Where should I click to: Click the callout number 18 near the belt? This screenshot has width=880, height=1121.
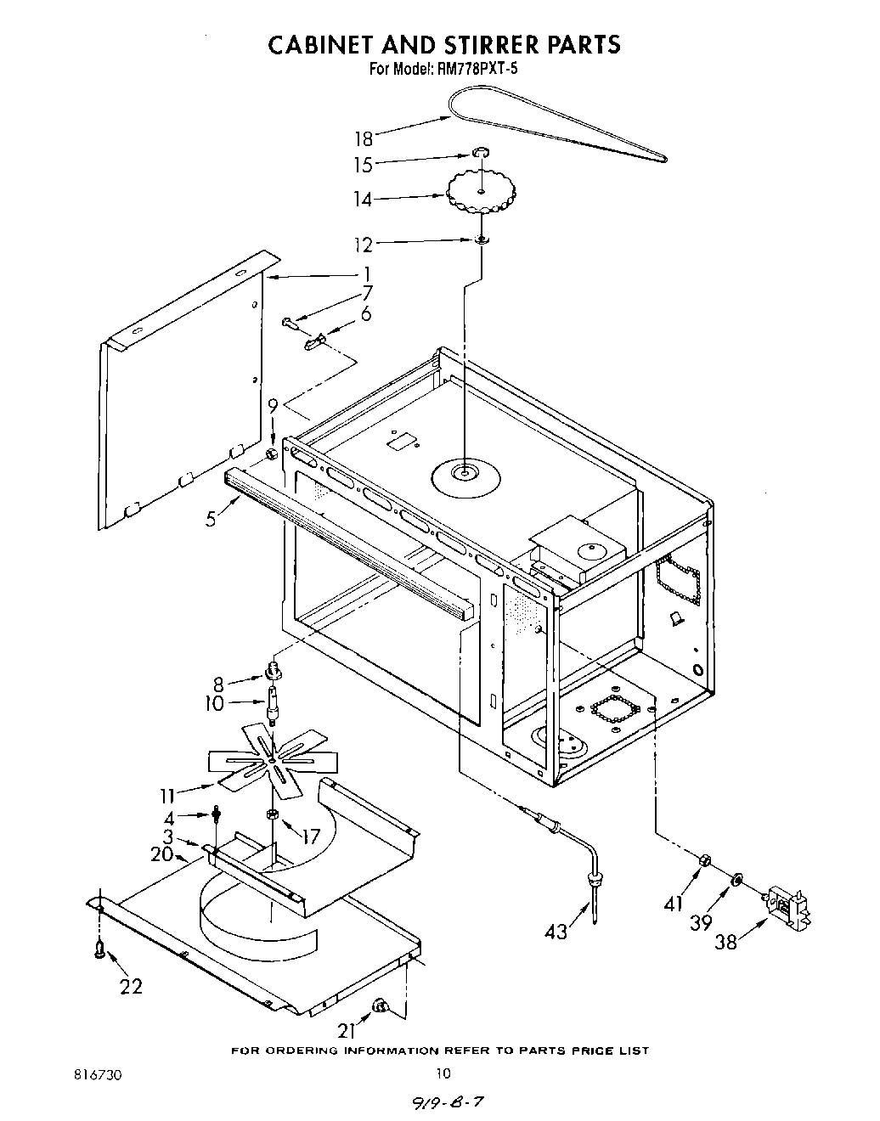(364, 138)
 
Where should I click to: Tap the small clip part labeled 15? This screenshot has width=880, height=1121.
(481, 153)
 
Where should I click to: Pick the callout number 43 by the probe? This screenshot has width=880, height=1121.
(556, 932)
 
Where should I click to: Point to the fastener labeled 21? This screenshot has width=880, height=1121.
(380, 1008)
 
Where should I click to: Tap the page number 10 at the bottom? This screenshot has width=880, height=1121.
(440, 1073)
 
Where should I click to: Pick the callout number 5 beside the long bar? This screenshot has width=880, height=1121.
(211, 518)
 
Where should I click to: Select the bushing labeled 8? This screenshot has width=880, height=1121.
(274, 670)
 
